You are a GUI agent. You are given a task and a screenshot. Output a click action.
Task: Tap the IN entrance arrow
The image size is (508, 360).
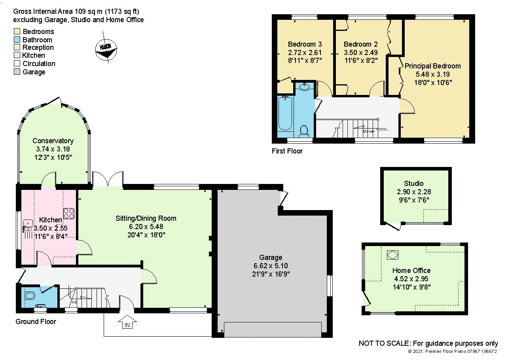(127, 322)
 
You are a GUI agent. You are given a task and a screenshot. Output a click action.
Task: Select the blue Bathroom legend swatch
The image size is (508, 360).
(17, 40)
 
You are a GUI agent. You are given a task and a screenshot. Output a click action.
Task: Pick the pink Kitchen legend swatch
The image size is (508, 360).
(17, 55)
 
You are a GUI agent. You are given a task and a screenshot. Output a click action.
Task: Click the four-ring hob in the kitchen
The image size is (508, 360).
(69, 214)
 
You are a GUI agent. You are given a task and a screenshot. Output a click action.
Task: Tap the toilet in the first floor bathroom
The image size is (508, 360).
(304, 131)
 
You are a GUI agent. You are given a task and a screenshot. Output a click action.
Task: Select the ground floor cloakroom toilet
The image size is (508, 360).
(30, 296)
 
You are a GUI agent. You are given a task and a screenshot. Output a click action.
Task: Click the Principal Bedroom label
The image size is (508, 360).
(433, 66)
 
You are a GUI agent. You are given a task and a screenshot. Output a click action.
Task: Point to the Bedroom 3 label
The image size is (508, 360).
(305, 44)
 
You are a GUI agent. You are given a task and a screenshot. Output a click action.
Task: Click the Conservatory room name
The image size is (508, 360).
(53, 141)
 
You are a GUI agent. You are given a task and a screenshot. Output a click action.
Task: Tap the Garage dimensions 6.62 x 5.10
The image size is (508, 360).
(271, 266)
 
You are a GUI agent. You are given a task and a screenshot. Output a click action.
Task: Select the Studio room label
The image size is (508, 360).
(414, 184)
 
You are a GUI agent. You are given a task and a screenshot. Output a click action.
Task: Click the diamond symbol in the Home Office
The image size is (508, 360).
(392, 255)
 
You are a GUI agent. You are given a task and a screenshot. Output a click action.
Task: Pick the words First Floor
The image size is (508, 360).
(287, 151)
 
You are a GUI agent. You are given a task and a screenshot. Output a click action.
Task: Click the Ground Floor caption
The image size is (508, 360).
(36, 322)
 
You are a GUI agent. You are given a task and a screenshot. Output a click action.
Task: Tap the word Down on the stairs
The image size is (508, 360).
(368, 131)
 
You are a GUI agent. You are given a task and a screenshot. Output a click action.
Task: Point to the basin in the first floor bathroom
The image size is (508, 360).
(304, 87)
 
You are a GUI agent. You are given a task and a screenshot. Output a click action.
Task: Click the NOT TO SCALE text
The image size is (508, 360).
(385, 343)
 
